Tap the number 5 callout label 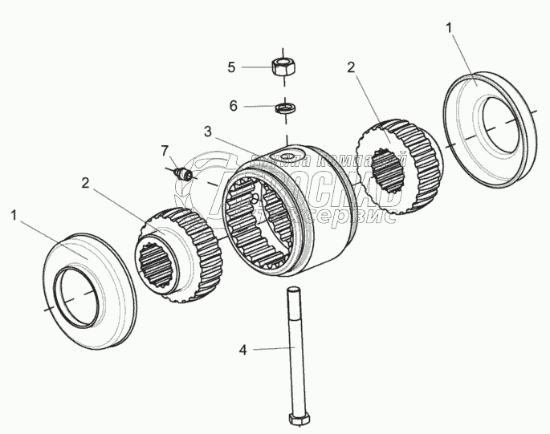[x=231, y=67]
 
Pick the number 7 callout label [x=165, y=149]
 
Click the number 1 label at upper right [x=450, y=28]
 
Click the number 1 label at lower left [x=12, y=215]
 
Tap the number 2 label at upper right [x=350, y=67]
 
